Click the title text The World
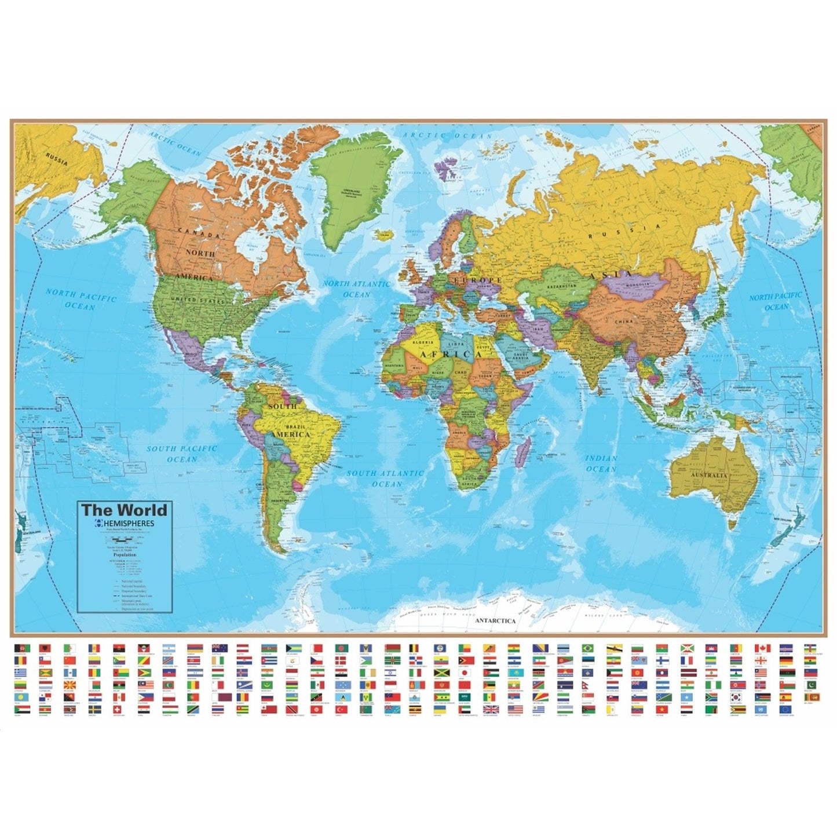pos(124,510)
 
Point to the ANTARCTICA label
pos(495,620)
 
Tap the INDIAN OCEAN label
pos(601,463)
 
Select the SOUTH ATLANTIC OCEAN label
pos(386,478)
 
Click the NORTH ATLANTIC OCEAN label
pos(356,288)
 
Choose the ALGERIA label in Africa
pos(422,342)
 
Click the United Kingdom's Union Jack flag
pos(490,710)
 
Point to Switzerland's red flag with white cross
pos(119,710)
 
